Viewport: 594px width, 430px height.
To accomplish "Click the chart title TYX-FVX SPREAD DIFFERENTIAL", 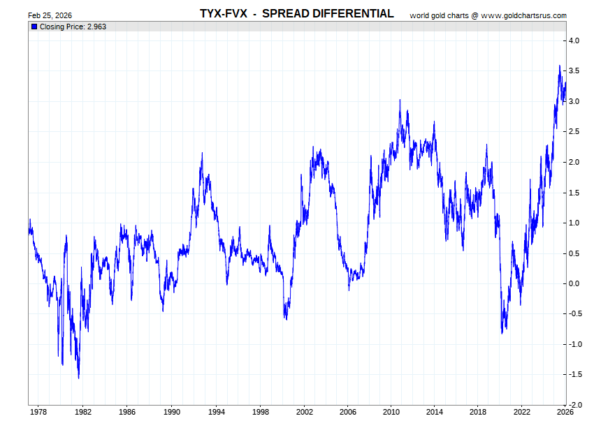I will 296,14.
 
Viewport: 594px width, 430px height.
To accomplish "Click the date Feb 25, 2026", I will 50,15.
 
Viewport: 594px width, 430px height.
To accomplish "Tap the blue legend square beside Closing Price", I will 34,27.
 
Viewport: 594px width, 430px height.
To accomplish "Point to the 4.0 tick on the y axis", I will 573,41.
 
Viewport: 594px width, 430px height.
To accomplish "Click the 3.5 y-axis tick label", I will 573,71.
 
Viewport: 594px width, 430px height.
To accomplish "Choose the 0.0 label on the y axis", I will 573,283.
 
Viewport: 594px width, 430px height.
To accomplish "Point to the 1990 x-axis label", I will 171,412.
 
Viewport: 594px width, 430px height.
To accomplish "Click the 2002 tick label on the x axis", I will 304,412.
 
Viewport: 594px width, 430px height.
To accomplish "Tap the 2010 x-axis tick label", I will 392,412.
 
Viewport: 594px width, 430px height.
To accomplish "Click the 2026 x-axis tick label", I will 565,412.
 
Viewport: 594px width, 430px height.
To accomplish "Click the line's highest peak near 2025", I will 559,66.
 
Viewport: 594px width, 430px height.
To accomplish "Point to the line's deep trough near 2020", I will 502,333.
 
